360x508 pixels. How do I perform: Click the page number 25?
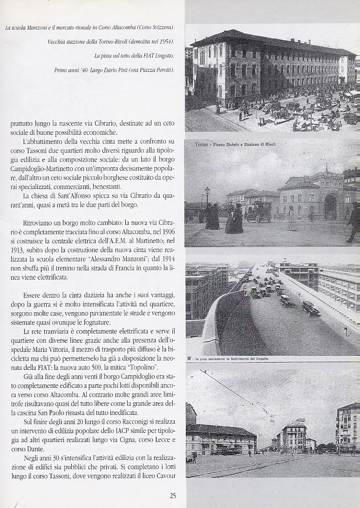coord(173,495)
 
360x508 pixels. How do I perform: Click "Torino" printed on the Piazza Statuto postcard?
coord(201,144)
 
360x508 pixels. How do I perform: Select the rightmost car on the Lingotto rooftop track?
coord(311,309)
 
